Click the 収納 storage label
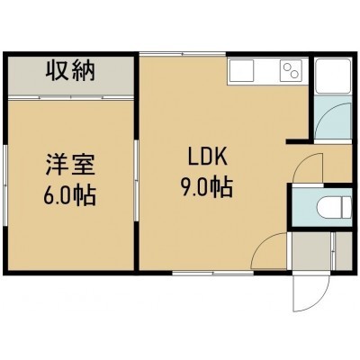pyautogui.click(x=70, y=71)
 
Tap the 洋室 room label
pyautogui.click(x=70, y=165)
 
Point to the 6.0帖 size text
pyautogui.click(x=70, y=195)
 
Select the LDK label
pyautogui.click(x=207, y=157)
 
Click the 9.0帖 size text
pyautogui.click(x=207, y=186)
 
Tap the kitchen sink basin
pyautogui.click(x=241, y=70)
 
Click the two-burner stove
pyautogui.click(x=289, y=70)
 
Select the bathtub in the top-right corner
pyautogui.click(x=333, y=76)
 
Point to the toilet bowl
pyautogui.click(x=334, y=207)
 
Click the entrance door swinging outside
pyautogui.click(x=312, y=292)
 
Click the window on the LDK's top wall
pyautogui.click(x=183, y=54)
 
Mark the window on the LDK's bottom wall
pyautogui.click(x=213, y=273)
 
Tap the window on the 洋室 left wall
pyautogui.click(x=4, y=185)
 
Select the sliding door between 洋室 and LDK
pyautogui.click(x=136, y=181)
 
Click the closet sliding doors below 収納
pyautogui.click(x=71, y=97)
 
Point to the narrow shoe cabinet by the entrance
pyautogui.click(x=343, y=251)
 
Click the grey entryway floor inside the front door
pyautogui.click(x=312, y=251)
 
